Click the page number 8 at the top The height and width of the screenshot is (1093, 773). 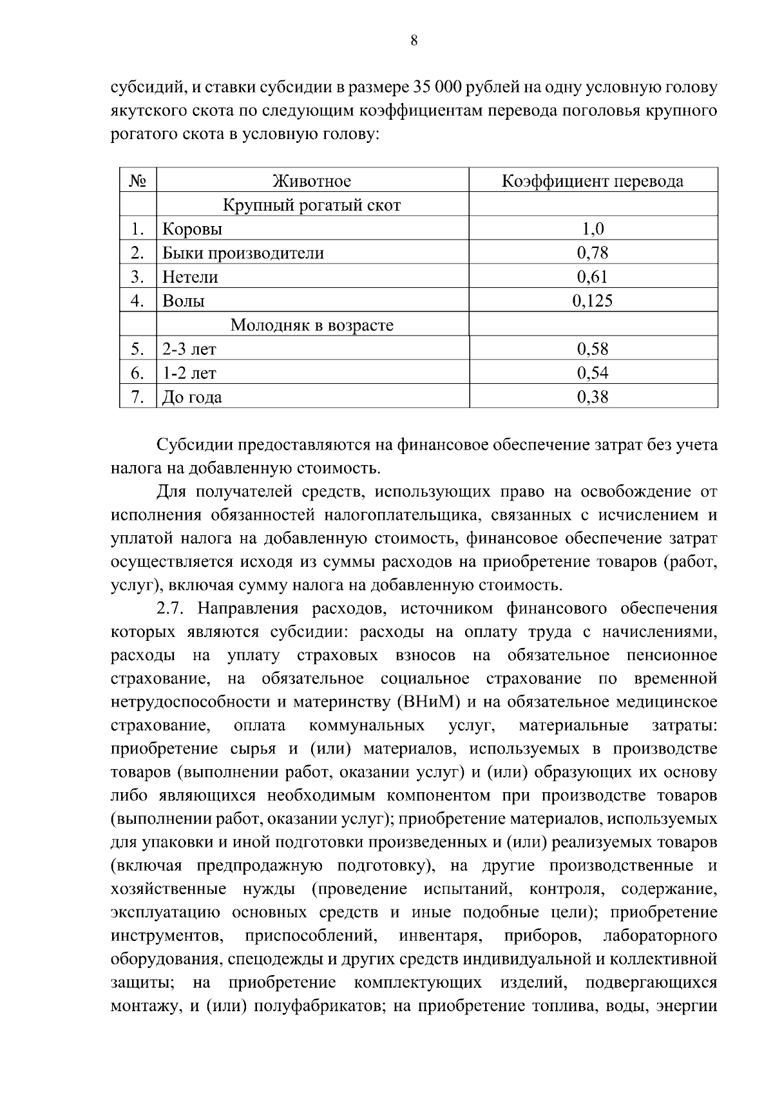[x=414, y=41]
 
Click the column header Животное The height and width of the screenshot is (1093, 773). [x=312, y=181]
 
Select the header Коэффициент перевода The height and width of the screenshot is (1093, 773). [x=592, y=181]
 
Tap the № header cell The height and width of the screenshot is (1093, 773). [x=138, y=181]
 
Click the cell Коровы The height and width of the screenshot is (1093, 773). [x=192, y=229]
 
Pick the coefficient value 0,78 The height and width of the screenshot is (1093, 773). [x=592, y=253]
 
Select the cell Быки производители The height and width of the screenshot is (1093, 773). [x=243, y=253]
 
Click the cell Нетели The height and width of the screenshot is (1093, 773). [x=190, y=277]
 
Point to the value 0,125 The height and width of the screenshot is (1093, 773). [x=592, y=301]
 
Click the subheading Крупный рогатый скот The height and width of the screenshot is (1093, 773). [x=312, y=205]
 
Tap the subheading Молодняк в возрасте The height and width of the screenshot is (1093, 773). [x=312, y=325]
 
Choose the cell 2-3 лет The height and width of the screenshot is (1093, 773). [x=189, y=349]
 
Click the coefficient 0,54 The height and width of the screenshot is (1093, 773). [x=592, y=373]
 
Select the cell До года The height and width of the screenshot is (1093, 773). [x=192, y=397]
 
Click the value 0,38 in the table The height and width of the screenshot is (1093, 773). [x=592, y=397]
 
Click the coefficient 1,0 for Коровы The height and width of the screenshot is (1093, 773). [x=592, y=229]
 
